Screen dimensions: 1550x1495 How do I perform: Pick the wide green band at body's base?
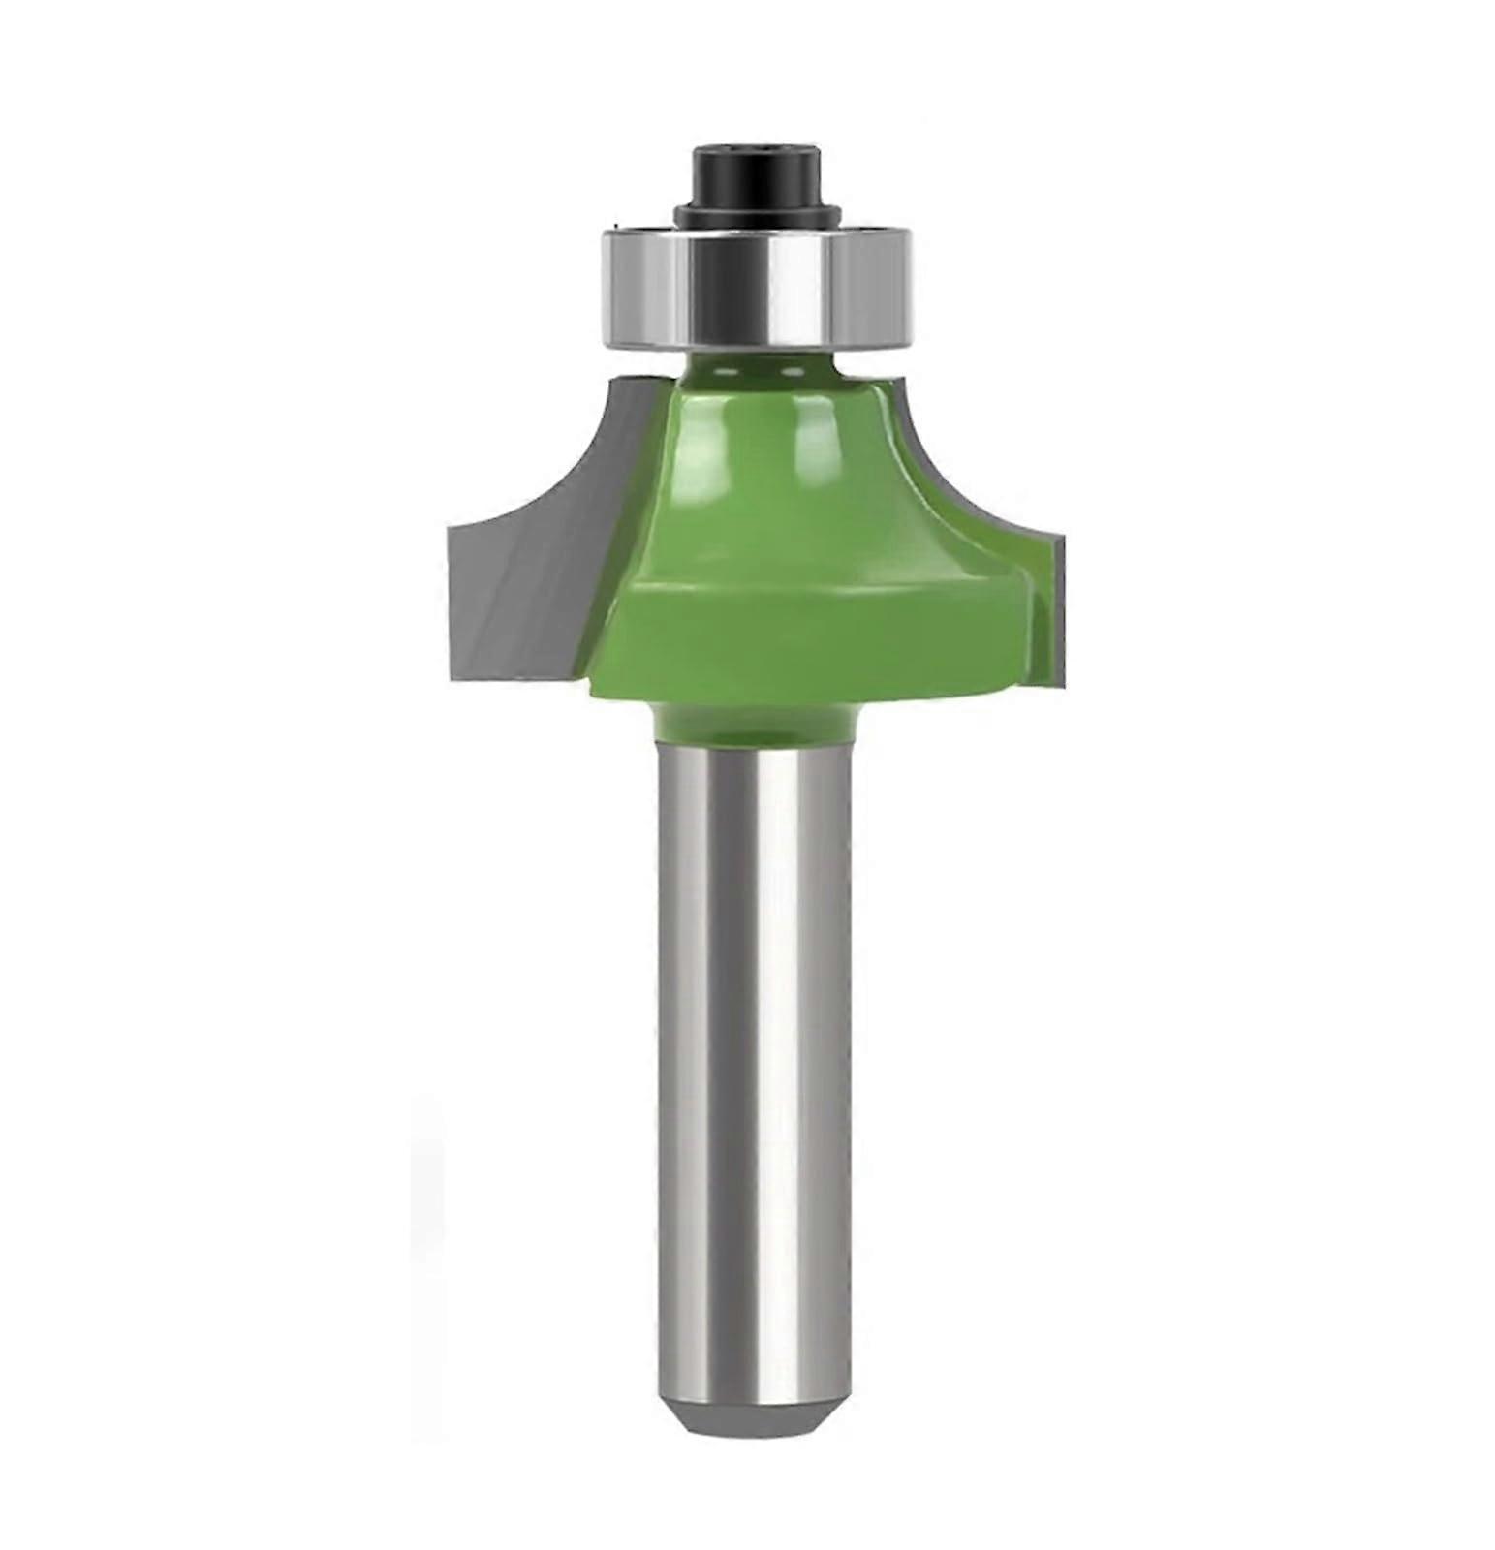point(804,639)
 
